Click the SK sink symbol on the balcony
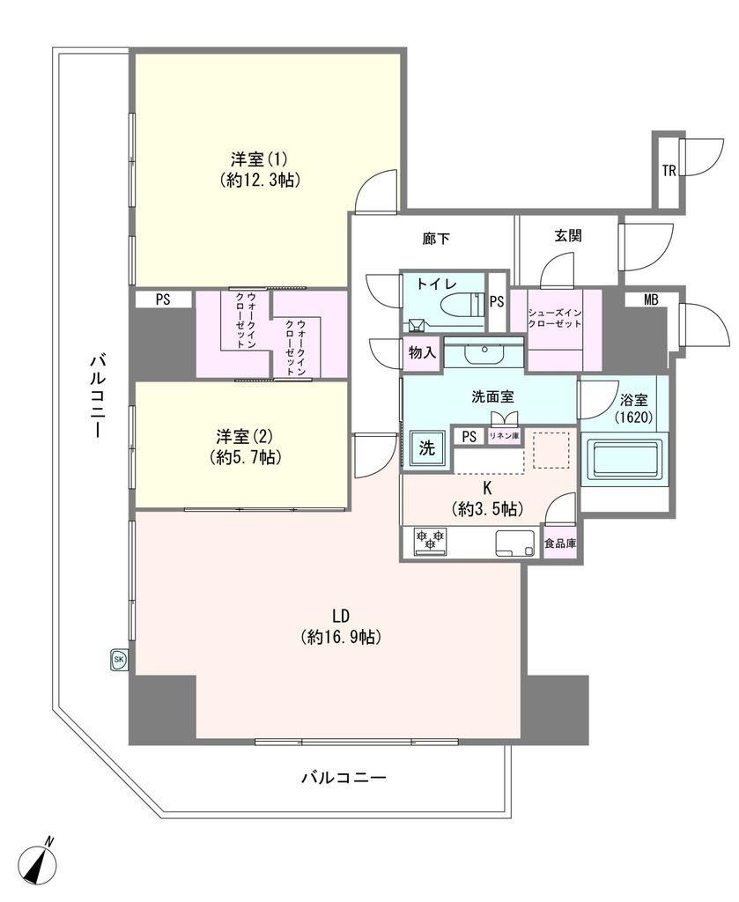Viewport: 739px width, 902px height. [x=119, y=660]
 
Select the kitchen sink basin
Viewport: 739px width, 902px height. [x=514, y=543]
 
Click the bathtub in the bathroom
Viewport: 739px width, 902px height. [x=624, y=460]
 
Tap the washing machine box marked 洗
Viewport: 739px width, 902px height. [x=426, y=448]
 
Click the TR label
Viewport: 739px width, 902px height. [x=669, y=171]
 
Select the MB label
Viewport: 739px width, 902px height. [x=651, y=299]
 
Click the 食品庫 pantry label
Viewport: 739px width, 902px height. [x=560, y=543]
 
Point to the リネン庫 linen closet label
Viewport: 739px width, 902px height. [x=504, y=436]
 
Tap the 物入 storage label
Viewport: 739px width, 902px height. [x=422, y=352]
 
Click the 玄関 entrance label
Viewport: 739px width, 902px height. [x=568, y=235]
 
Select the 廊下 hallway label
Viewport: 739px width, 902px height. [x=436, y=238]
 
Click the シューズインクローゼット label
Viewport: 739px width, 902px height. [x=555, y=318]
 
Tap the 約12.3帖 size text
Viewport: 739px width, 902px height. [x=259, y=180]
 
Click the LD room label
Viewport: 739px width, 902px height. [x=341, y=616]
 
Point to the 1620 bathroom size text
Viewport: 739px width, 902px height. [x=634, y=417]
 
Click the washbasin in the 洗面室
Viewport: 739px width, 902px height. [x=484, y=353]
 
